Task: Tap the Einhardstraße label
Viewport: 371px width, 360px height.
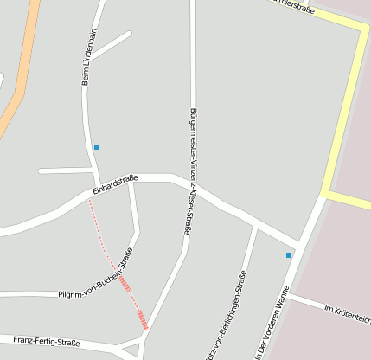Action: pyautogui.click(x=114, y=184)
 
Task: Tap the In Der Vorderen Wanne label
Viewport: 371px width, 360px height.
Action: pyautogui.click(x=271, y=326)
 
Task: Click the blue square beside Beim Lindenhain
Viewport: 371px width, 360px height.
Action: pyautogui.click(x=97, y=147)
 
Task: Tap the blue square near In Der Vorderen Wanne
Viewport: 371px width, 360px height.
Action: pyautogui.click(x=289, y=255)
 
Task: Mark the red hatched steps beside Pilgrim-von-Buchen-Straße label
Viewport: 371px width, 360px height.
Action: pyautogui.click(x=125, y=284)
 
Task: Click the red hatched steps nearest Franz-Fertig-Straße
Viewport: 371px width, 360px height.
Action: pyautogui.click(x=143, y=321)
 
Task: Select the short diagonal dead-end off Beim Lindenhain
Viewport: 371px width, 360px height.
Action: pyautogui.click(x=111, y=45)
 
